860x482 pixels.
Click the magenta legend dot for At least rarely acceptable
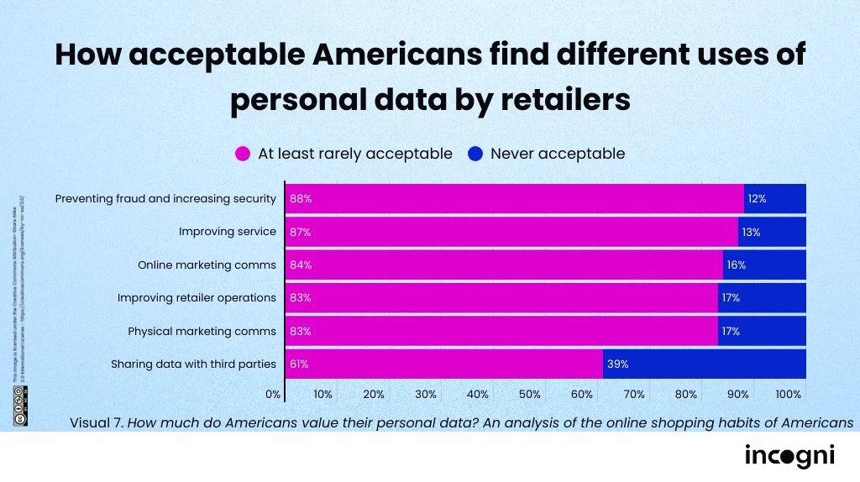(x=243, y=154)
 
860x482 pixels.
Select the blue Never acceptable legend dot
(x=475, y=154)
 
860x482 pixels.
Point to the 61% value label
(x=300, y=364)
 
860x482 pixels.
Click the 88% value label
(x=300, y=199)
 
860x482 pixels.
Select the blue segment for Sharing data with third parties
(x=714, y=364)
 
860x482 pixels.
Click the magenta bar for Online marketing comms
(x=504, y=265)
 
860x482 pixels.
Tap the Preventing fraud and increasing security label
(x=165, y=199)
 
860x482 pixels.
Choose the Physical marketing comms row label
(x=202, y=331)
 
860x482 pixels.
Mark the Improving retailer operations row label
(x=197, y=297)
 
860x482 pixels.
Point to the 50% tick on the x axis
(x=529, y=394)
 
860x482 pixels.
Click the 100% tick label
(x=789, y=394)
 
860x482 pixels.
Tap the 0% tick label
(x=273, y=394)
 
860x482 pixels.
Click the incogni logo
(x=789, y=456)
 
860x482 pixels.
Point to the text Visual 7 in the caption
(x=97, y=422)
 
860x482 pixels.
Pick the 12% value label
(x=757, y=199)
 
